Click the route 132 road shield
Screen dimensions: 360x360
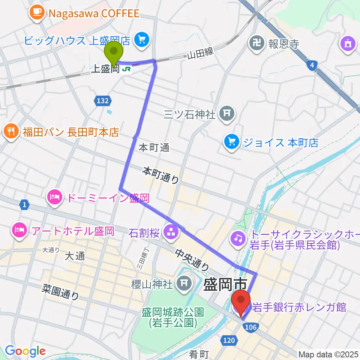point(102,101)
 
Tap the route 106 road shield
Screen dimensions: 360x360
point(250,327)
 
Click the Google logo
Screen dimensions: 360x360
point(25,351)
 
